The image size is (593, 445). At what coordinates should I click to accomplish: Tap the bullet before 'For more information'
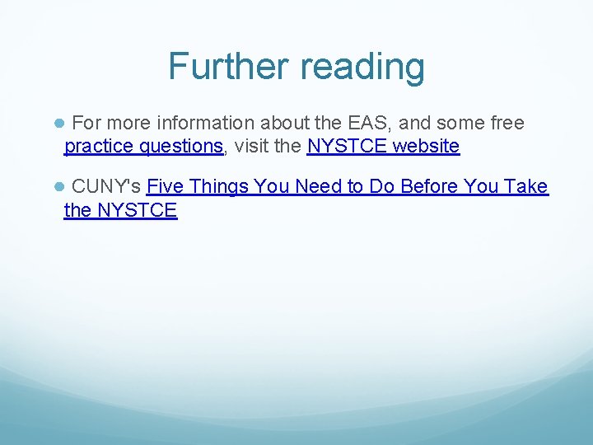click(x=59, y=124)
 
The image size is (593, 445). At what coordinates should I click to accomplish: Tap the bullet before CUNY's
click(x=59, y=187)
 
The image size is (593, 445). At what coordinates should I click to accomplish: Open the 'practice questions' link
click(x=143, y=147)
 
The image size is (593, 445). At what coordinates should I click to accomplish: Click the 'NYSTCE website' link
click(x=383, y=147)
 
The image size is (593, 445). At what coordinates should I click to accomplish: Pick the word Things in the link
click(x=218, y=186)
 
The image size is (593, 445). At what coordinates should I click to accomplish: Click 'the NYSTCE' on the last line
click(x=120, y=210)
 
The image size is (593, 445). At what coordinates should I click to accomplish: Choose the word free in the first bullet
click(x=507, y=123)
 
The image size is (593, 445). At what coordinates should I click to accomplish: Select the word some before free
click(x=460, y=123)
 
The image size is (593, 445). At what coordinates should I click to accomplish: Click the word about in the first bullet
click(x=285, y=123)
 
